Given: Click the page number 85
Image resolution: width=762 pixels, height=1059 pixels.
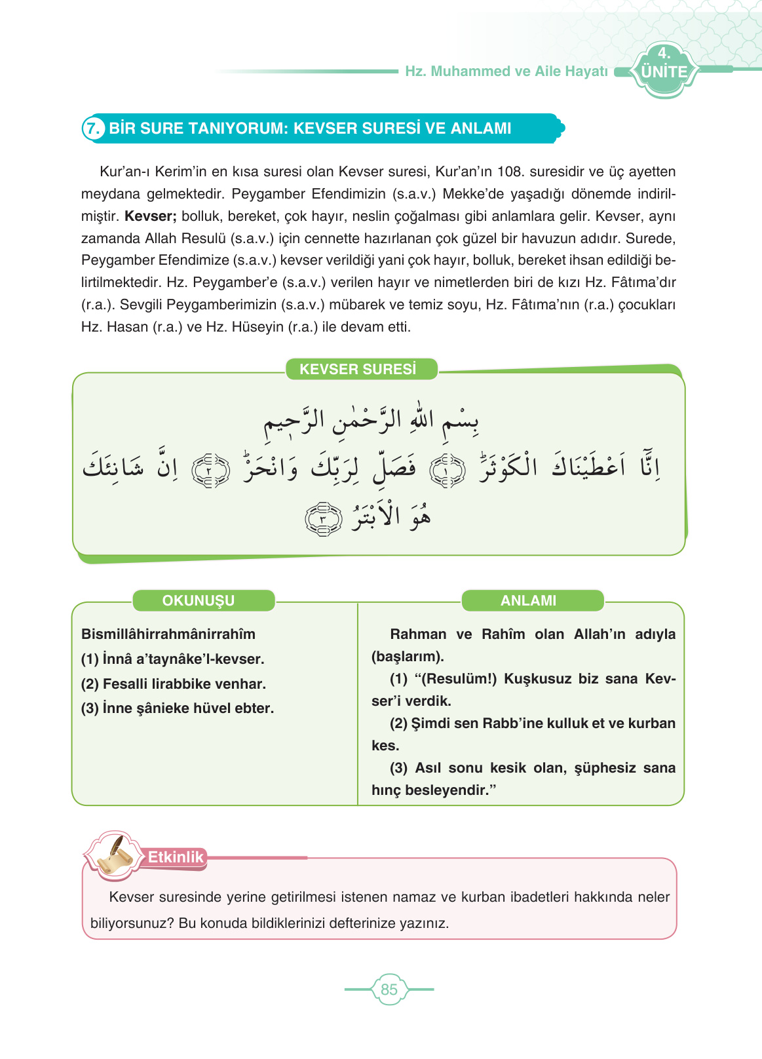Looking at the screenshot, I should point(389,990).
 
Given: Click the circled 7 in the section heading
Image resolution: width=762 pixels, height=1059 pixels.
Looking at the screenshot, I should point(93,128).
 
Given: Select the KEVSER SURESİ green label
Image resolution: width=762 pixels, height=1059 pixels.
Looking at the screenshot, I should point(358,369).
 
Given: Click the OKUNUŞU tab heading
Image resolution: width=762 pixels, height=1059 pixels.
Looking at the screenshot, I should point(199,600).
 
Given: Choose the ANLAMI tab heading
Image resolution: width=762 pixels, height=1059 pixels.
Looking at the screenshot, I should point(528,600).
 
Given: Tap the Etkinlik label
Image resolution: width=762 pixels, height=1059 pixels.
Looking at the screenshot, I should point(175,857).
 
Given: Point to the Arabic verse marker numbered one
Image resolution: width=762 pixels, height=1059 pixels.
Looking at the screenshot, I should point(448,471).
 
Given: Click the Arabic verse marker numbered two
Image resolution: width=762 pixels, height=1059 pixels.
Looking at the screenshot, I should point(210,471).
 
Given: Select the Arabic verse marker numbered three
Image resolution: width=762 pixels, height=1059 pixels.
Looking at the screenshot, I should point(323,520).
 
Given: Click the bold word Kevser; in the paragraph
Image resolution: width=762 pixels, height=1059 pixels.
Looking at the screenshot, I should point(151,216).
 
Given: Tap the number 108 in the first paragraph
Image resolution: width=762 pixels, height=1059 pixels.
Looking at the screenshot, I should point(509,172).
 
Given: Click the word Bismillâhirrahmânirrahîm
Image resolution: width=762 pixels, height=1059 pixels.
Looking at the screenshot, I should point(168,634).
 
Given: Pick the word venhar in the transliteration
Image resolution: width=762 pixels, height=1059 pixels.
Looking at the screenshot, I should point(244,684).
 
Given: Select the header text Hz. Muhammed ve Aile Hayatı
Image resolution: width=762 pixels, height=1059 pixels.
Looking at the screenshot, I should point(506,71).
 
